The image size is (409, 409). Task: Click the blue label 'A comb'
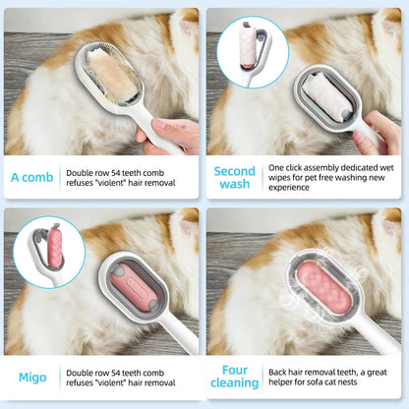32,177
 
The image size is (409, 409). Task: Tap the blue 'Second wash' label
235,177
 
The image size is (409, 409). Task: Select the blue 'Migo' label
32,378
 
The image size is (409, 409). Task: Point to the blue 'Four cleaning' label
235,378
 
